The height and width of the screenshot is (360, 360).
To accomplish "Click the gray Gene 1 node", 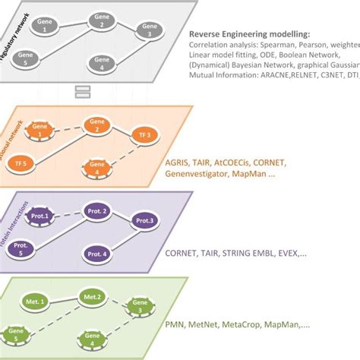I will tap(50, 25).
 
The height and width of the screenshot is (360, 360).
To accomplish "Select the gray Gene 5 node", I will tap(27, 58).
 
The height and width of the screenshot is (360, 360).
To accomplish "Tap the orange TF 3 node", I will tap(149, 135).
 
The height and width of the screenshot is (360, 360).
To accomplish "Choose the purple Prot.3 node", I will tap(146, 221).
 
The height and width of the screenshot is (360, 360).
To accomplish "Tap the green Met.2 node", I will tap(93, 296).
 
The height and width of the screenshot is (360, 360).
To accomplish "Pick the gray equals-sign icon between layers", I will tap(84, 92).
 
